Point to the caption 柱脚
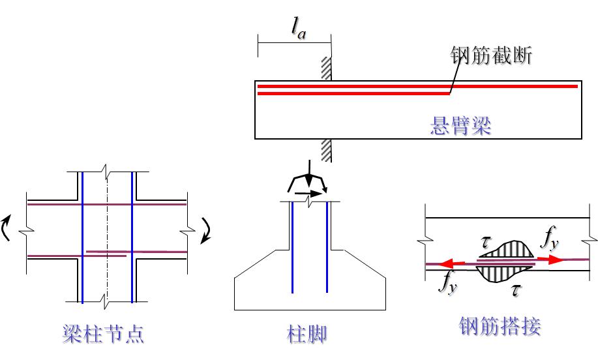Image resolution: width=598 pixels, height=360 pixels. pos(306,335)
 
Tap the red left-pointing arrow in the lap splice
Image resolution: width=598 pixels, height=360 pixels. pos(450,263)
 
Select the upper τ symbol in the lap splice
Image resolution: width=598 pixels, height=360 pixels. pos(486,241)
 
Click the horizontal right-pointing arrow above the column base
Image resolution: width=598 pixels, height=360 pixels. pos(309,193)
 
